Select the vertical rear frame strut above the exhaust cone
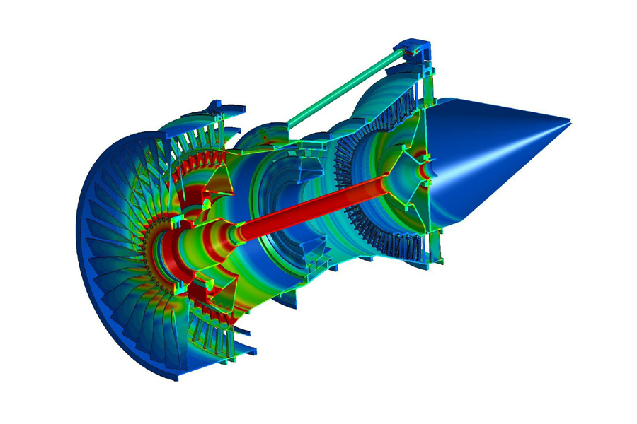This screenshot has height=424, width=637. point(428,78)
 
